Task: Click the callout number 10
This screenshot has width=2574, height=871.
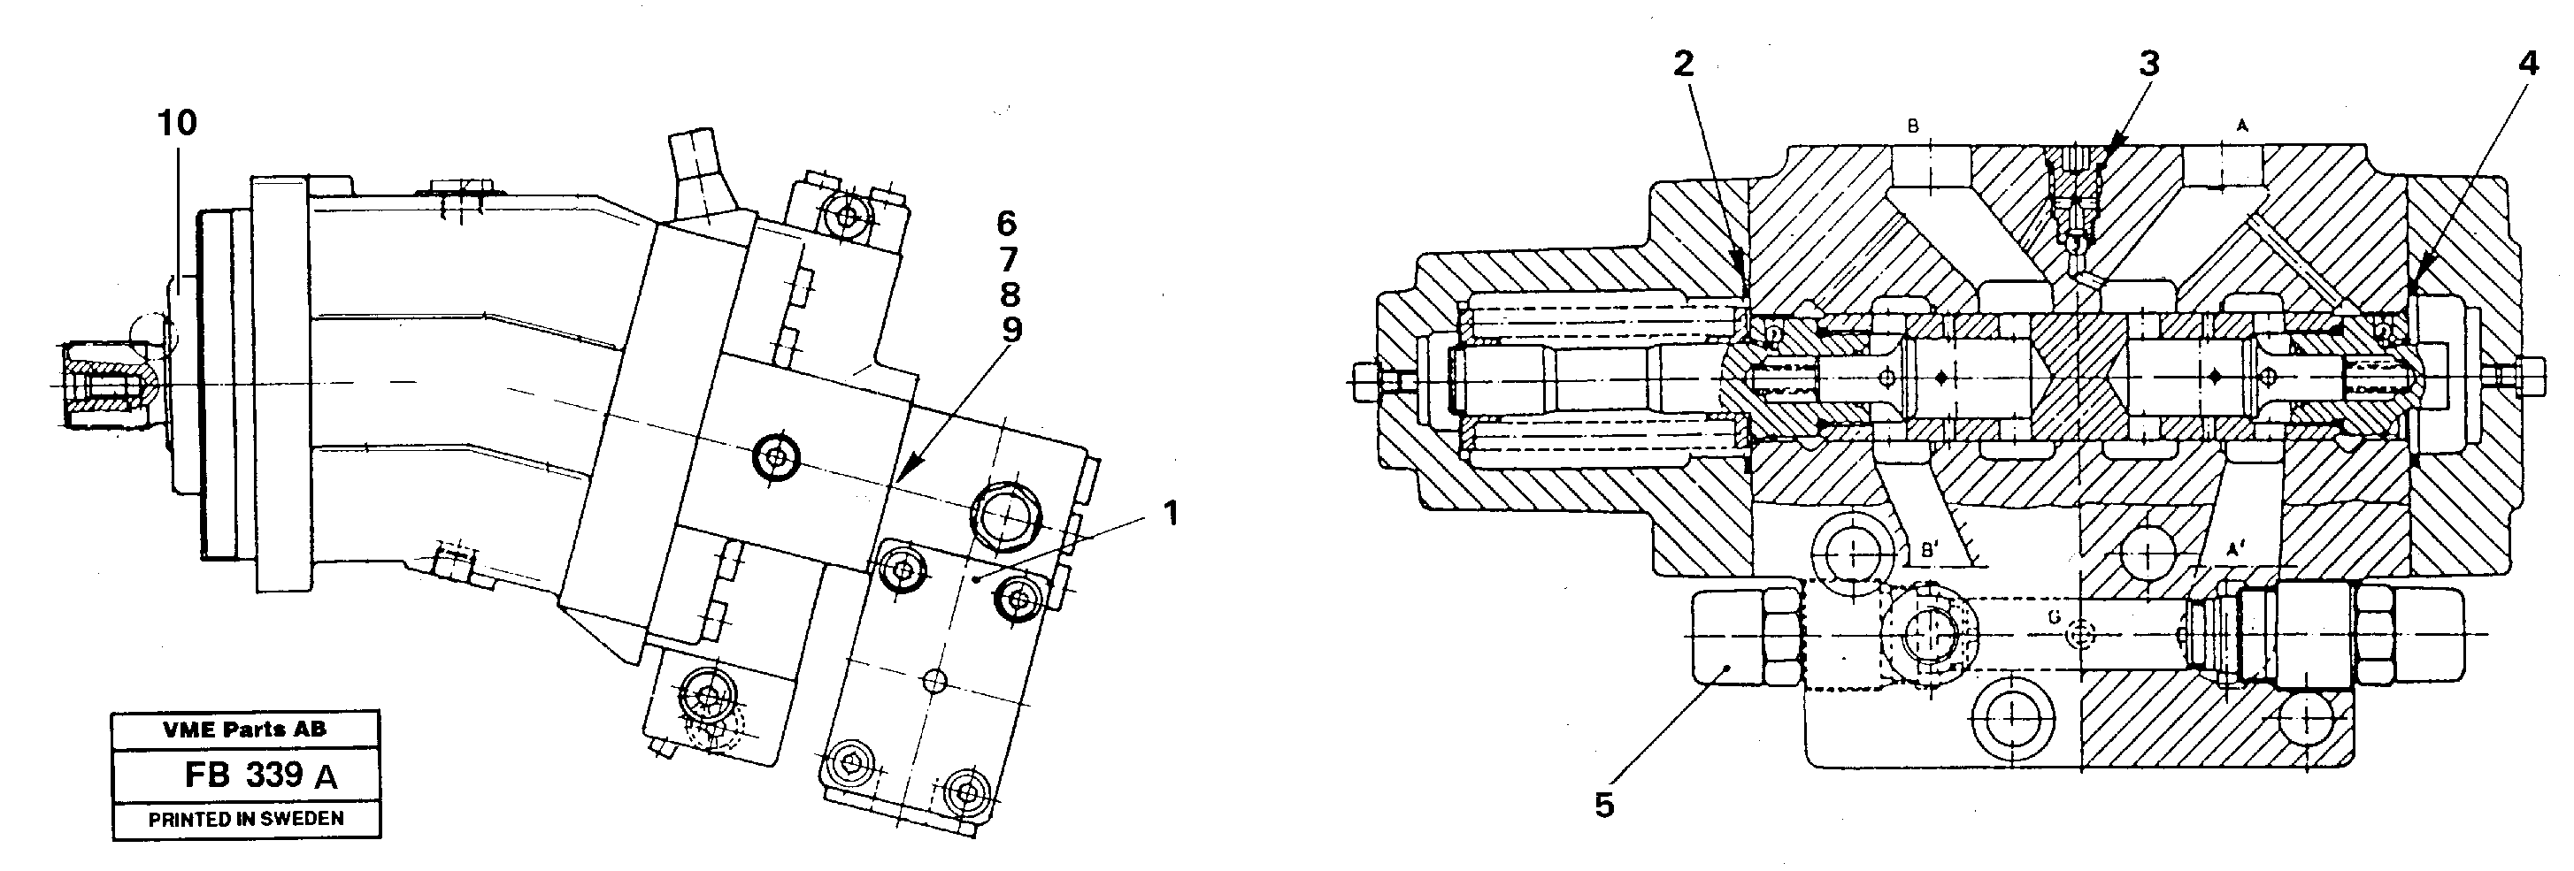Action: tap(177, 124)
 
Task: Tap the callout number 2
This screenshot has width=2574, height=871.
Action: tap(1683, 65)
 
